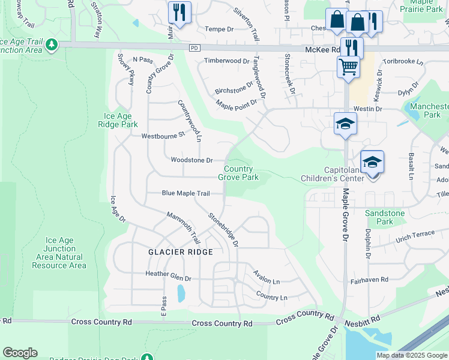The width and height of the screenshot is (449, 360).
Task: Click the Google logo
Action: (x=20, y=353)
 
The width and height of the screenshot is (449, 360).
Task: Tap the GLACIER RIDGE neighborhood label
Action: (x=181, y=252)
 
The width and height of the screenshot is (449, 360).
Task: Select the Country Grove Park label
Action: (x=238, y=173)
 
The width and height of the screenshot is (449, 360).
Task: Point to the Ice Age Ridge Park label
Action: (x=121, y=120)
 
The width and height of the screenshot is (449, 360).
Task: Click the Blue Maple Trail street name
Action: (x=185, y=193)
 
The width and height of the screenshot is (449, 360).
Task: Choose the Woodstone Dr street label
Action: (x=191, y=160)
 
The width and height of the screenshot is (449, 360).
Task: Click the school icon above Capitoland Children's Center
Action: (x=372, y=162)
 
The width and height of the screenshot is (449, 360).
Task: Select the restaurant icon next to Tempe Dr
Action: (x=179, y=12)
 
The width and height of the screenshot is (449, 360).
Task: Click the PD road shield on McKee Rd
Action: (x=193, y=48)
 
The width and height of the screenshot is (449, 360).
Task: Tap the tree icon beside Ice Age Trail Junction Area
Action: (x=52, y=44)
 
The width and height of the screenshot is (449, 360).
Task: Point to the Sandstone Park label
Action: (x=385, y=217)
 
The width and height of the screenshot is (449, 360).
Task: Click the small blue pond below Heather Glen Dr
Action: (x=181, y=293)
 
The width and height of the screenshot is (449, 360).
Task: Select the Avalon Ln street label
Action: (x=267, y=281)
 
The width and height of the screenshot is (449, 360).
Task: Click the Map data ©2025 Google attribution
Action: (x=412, y=355)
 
